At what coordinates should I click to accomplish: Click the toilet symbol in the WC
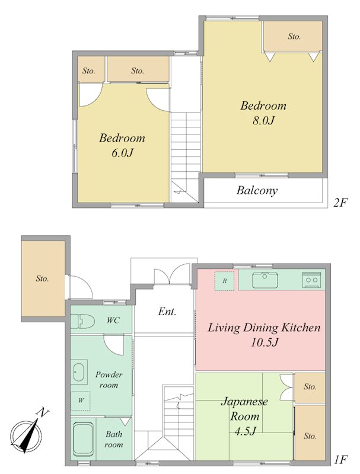[82, 321]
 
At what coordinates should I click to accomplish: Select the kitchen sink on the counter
[265, 280]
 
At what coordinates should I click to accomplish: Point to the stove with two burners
[311, 279]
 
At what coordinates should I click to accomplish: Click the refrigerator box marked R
[224, 281]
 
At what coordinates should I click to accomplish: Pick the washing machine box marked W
[81, 401]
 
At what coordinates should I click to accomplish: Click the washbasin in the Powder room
[79, 371]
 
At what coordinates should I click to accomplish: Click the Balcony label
[257, 191]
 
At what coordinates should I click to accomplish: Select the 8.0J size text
[263, 121]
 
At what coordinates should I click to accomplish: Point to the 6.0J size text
[122, 153]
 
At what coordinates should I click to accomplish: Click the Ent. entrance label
[167, 312]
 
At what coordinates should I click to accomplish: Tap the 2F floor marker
[339, 202]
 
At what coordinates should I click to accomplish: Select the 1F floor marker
[340, 460]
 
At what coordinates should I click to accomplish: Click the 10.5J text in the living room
[265, 342]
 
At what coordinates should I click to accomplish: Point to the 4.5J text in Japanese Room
[246, 431]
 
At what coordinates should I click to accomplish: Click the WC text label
[113, 320]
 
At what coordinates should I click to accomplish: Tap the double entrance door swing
[171, 274]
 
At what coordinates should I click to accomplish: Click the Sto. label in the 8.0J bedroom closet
[294, 37]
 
